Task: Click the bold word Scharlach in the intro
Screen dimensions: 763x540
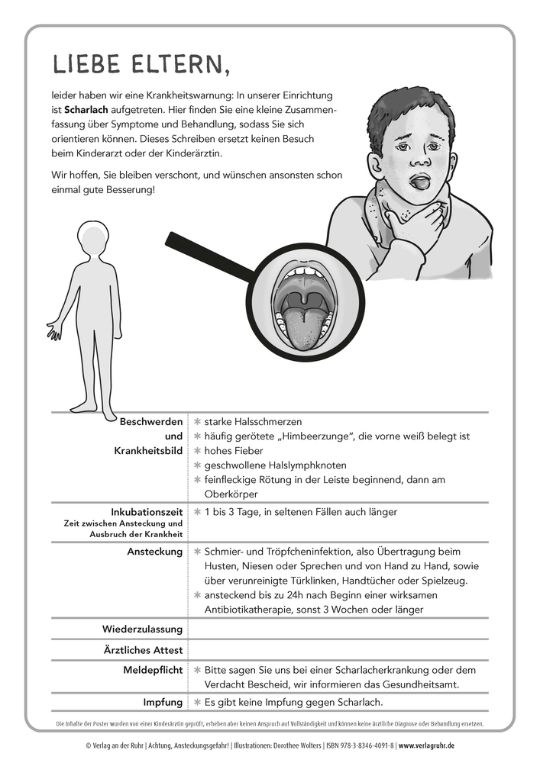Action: tap(86, 111)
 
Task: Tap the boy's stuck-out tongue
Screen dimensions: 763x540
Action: tap(399, 183)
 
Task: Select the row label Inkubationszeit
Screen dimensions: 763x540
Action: tap(146, 512)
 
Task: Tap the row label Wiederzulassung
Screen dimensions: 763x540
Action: tap(143, 629)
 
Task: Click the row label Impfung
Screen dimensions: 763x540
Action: tap(163, 702)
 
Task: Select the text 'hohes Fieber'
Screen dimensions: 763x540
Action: tap(232, 450)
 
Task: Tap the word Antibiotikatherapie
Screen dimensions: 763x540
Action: tap(255, 610)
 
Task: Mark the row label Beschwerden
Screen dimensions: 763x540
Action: tap(151, 421)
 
